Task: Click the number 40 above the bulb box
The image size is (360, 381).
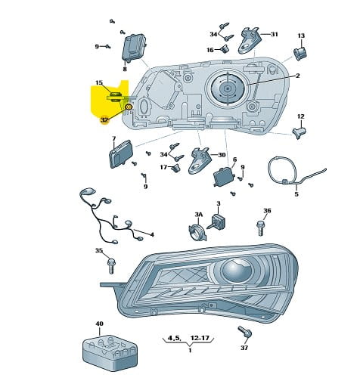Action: tap(100, 324)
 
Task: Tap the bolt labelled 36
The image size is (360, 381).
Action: tap(261, 228)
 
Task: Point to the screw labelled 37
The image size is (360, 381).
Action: tap(245, 333)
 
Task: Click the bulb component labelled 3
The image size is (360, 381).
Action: tap(217, 222)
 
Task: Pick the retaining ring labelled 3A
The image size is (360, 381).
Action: tap(198, 232)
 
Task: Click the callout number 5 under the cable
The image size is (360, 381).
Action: tap(296, 194)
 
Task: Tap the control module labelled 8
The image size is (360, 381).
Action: tap(134, 48)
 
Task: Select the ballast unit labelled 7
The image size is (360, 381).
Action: tap(120, 153)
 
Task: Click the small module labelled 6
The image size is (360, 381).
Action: tap(224, 177)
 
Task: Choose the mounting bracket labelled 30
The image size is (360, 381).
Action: tap(200, 160)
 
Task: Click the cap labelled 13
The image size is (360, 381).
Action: tap(300, 54)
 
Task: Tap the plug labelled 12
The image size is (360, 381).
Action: tap(299, 132)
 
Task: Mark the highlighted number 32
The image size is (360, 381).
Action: tap(104, 120)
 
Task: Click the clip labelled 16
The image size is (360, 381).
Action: tap(225, 48)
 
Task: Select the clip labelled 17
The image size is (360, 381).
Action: tap(175, 168)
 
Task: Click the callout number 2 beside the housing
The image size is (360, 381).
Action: tap(298, 76)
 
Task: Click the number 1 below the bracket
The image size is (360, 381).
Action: tap(190, 350)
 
